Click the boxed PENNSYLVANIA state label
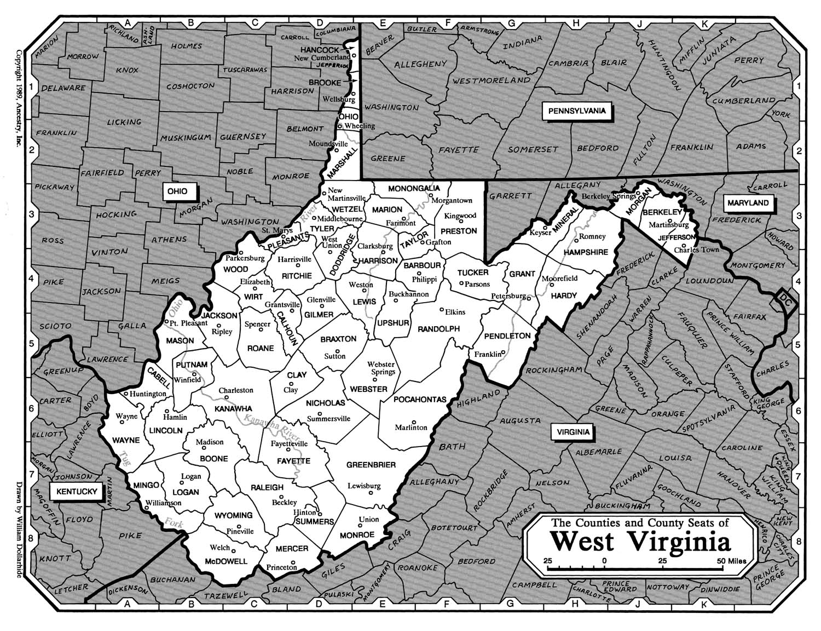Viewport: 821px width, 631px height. [576, 111]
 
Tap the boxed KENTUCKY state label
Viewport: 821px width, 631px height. [77, 491]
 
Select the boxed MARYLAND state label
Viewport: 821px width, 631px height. [748, 202]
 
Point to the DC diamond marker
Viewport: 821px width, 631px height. [785, 300]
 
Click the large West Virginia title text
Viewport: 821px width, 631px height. [640, 541]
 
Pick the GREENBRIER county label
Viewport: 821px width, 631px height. [371, 465]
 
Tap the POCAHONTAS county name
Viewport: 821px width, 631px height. [420, 400]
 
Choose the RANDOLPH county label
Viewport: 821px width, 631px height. [438, 329]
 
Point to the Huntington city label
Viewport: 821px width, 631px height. [148, 393]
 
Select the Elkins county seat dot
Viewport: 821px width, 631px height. [442, 309]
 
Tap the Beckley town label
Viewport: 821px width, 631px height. [284, 502]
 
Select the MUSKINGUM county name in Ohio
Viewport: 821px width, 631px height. [185, 137]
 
